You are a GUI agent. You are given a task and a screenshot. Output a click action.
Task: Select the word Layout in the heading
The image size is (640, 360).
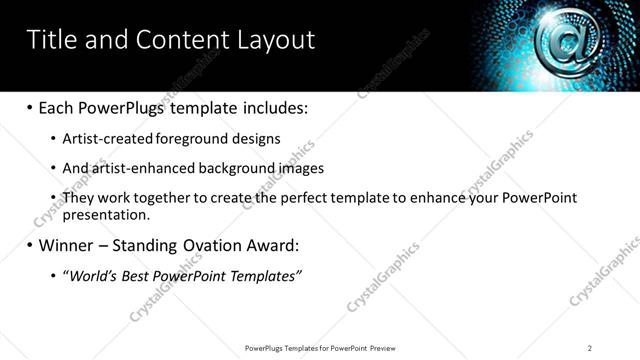point(275,39)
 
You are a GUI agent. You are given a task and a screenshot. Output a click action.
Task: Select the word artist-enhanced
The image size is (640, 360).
point(144,168)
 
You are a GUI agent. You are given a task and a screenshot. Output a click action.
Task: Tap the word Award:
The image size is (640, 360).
point(274,244)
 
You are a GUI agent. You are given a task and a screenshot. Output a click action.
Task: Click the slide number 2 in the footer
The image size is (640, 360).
point(590,347)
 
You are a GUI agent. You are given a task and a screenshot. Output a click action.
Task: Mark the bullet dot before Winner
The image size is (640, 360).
point(29,245)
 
